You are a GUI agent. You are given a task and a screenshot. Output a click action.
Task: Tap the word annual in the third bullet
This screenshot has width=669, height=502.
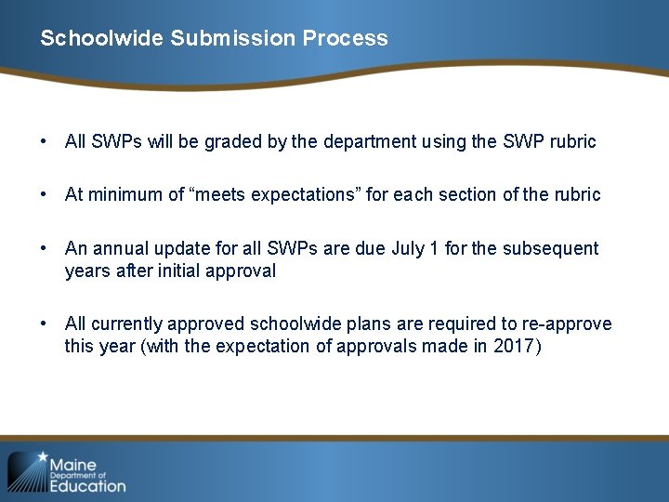(120, 248)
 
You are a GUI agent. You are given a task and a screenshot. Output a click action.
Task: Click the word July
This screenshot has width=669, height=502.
(410, 248)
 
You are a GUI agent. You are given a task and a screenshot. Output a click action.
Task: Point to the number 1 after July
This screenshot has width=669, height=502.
(436, 248)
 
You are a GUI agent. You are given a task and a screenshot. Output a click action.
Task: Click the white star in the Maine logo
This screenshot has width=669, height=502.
(41, 458)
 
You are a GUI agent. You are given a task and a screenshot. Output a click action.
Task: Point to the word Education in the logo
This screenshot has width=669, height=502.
(87, 484)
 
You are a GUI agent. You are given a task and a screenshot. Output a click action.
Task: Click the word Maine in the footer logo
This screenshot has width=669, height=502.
(73, 464)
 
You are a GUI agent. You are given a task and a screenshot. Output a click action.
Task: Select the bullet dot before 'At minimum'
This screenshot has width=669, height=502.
(44, 194)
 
